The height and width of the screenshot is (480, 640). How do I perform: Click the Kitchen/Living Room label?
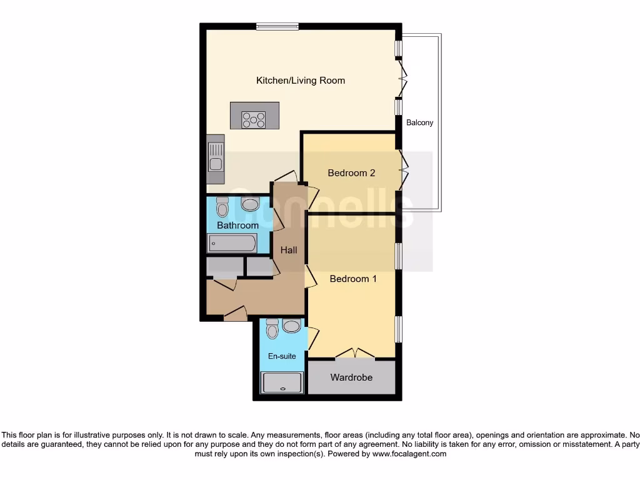[301, 81]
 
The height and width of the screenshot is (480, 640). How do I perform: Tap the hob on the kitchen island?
[254, 119]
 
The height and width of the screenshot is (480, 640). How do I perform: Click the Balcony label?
[419, 123]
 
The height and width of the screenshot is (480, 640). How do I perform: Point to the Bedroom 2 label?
[351, 173]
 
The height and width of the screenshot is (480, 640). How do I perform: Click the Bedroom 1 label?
[353, 279]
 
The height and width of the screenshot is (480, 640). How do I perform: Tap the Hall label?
[289, 250]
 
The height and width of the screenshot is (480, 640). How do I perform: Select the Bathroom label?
[237, 225]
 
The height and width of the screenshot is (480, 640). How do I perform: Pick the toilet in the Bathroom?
[222, 206]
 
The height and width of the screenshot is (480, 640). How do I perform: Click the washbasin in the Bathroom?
[250, 204]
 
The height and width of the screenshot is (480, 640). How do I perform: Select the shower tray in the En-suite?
[282, 382]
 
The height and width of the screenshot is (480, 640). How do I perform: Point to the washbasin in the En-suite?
[292, 325]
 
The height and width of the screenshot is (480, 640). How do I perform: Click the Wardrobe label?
[351, 377]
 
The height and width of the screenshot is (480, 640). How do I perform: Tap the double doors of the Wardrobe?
[355, 353]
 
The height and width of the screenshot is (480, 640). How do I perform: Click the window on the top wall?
[277, 26]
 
